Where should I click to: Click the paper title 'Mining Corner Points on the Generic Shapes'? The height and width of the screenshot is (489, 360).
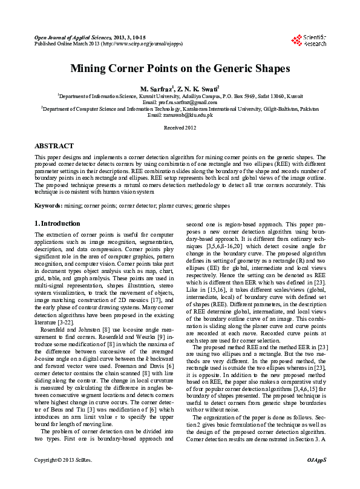click(180, 68)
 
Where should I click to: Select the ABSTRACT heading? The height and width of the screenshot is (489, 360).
click(54, 146)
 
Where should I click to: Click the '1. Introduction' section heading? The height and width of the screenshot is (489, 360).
click(57, 223)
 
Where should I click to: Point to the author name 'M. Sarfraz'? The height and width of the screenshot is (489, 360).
click(157, 88)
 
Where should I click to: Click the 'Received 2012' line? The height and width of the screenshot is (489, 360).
click(180, 128)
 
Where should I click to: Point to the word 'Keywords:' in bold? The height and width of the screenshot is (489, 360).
click(48, 206)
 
